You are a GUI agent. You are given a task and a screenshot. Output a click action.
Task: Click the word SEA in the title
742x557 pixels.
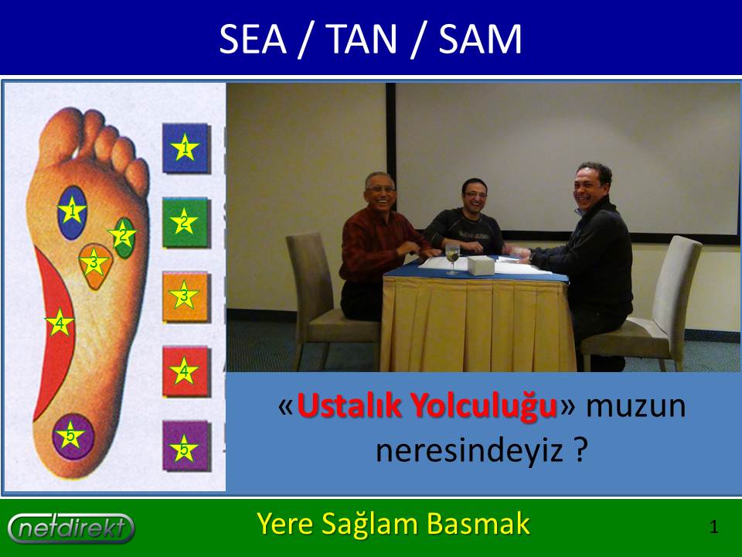pos(253,39)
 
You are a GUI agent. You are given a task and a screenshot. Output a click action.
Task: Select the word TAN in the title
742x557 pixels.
pos(361,39)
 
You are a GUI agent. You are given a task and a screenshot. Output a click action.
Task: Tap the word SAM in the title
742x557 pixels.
pos(480,39)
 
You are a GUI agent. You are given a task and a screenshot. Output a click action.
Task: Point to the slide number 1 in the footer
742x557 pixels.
pos(714,527)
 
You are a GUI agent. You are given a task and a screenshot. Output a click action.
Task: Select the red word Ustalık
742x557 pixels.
pos(348,405)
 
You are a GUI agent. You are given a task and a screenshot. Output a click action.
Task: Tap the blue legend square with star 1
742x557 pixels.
pos(185,148)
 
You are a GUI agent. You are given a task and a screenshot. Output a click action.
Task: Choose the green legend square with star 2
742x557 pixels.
pos(185,222)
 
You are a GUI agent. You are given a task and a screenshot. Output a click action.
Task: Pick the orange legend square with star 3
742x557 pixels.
pos(185,296)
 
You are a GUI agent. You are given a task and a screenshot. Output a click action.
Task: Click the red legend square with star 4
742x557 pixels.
pos(185,371)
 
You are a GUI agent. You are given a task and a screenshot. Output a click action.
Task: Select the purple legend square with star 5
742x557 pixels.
pos(185,446)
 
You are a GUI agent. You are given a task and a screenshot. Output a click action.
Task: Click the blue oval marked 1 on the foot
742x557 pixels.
pos(72,212)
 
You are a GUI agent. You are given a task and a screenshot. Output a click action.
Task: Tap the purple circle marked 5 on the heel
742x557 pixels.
pos(73,436)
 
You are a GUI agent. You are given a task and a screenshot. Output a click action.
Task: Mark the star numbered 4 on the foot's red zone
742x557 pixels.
pos(60,323)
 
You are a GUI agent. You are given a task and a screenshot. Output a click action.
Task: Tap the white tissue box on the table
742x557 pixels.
pos(481,265)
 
